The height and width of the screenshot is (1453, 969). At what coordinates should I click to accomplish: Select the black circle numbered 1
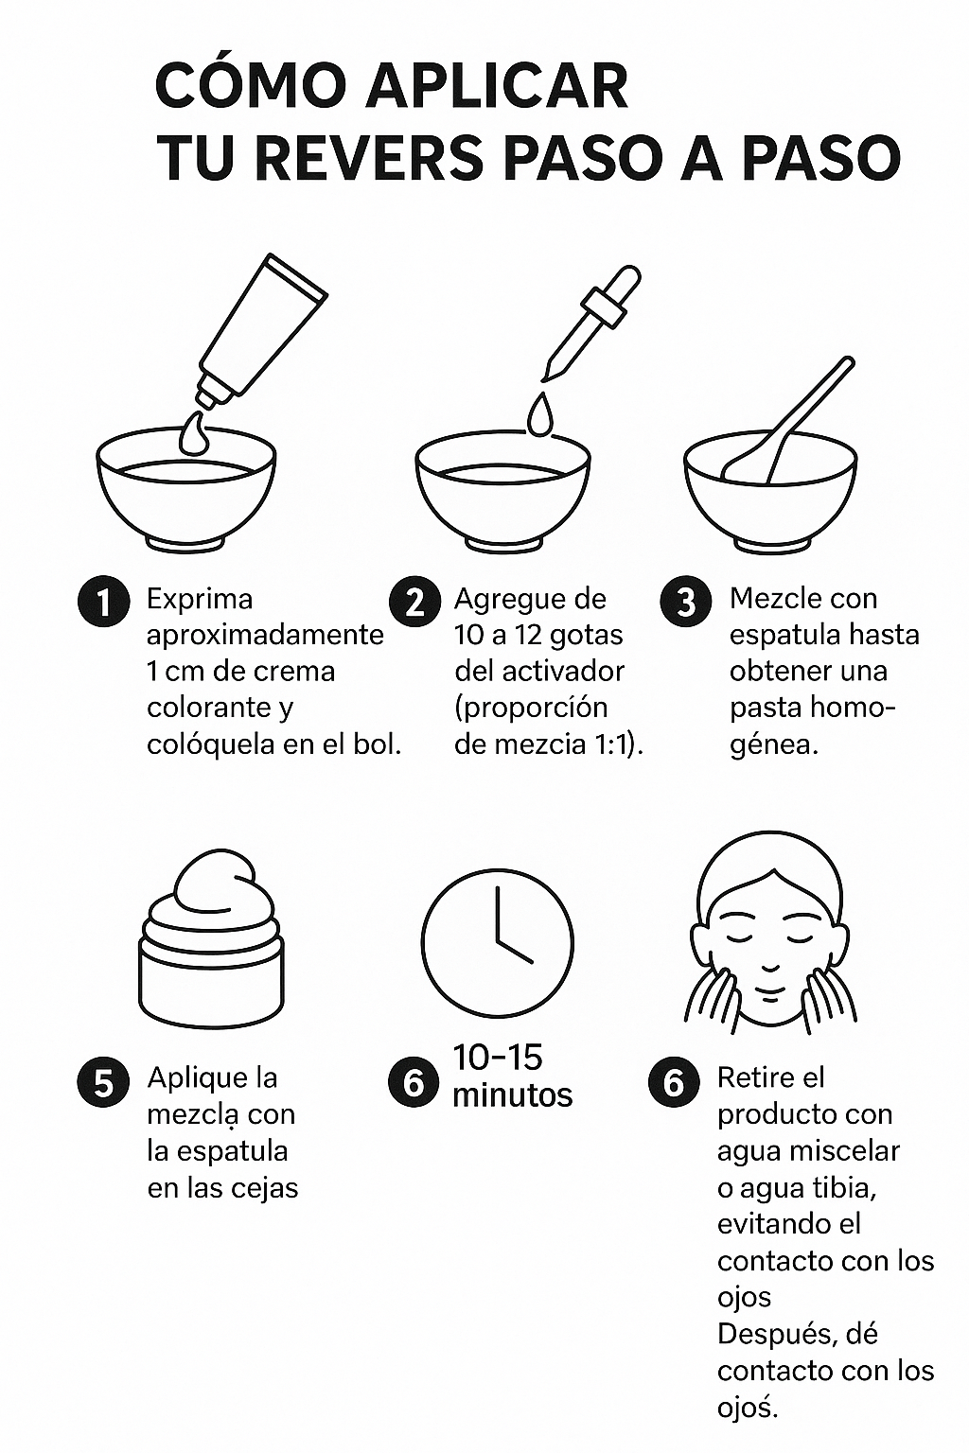click(103, 602)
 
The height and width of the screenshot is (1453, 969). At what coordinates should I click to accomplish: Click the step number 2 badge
click(414, 602)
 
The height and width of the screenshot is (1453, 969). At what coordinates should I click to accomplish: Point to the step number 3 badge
click(686, 602)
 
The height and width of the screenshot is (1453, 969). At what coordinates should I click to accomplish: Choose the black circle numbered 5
click(103, 1081)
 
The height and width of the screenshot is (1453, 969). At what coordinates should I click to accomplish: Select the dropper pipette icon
click(592, 322)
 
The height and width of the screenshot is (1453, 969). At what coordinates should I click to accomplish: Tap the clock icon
click(497, 943)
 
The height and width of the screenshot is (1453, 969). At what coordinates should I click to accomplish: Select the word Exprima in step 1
click(200, 600)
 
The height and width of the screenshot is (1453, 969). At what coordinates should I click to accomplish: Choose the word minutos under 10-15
click(513, 1095)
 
